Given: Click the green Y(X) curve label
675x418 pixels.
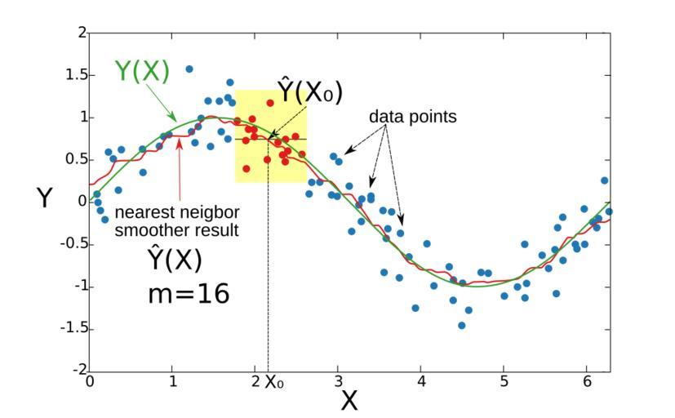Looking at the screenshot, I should click(141, 73).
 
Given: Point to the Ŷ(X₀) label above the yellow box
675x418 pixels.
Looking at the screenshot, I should click(309, 91).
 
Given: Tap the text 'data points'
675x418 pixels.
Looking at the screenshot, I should click(412, 117).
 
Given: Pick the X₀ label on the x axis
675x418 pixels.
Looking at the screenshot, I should click(273, 381).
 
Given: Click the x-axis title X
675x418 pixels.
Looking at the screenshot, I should click(349, 400).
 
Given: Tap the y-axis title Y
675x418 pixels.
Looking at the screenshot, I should click(44, 198).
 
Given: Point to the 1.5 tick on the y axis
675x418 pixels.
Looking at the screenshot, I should click(76, 75).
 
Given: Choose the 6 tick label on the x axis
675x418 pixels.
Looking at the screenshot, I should click(588, 381).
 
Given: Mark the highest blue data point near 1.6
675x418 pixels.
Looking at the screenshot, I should click(189, 69).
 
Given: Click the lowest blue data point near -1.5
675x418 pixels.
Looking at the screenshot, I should click(461, 325).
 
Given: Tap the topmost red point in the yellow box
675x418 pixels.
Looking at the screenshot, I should click(270, 104).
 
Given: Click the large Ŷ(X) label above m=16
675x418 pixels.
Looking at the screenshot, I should click(175, 260).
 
